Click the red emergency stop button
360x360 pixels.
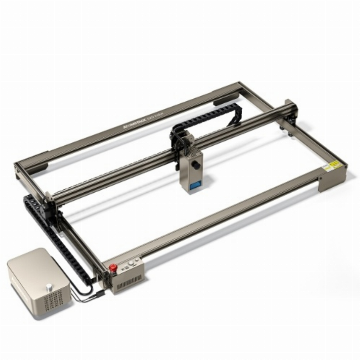tap(113, 268)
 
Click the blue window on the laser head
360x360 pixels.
tap(194, 185)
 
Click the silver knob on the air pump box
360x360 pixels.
tap(50, 288)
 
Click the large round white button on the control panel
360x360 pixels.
tap(131, 263)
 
